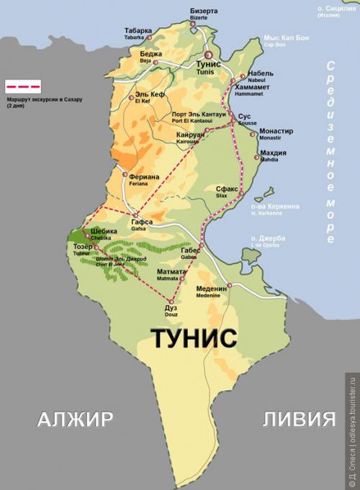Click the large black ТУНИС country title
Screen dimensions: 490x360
click(x=194, y=337)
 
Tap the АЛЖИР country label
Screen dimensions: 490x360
click(x=75, y=419)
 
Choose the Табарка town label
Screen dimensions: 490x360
click(x=138, y=31)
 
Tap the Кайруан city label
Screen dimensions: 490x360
click(x=191, y=134)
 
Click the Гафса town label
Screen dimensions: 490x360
click(x=141, y=222)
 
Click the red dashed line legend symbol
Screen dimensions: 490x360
click(x=23, y=84)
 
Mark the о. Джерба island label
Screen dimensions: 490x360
click(x=268, y=238)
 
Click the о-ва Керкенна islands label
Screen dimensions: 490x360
click(x=274, y=207)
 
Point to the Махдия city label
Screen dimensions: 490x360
click(x=273, y=153)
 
